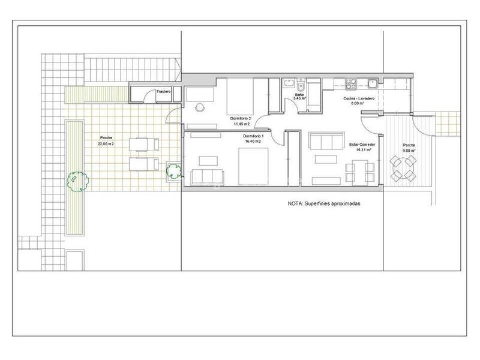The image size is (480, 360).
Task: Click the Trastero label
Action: [x=164, y=91]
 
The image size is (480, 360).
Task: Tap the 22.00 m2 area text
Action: [x=106, y=144]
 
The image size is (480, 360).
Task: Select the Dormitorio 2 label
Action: [x=241, y=118]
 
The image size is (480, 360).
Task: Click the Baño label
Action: [x=299, y=95]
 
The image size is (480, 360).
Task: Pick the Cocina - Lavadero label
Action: [x=359, y=98]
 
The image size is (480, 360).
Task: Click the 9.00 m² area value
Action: [x=409, y=151]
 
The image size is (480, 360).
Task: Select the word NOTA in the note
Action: [x=295, y=204]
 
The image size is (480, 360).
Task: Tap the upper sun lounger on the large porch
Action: [x=144, y=144]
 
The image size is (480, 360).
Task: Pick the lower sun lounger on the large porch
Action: [x=144, y=164]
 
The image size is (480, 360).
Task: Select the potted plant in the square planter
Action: [x=173, y=171]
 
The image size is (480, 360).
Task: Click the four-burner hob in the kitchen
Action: [x=350, y=83]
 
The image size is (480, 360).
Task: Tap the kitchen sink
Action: [x=373, y=83]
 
